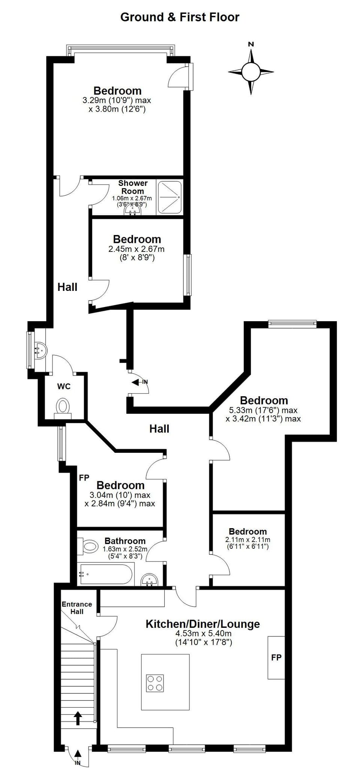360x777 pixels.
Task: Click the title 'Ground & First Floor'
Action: pos(180,17)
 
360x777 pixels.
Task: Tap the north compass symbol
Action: pos(251,71)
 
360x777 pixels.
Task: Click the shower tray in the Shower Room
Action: pos(170,198)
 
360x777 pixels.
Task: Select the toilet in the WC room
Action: pos(63,406)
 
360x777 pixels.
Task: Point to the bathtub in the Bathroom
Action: pos(105,574)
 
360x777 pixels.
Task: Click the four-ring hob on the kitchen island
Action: pos(155,683)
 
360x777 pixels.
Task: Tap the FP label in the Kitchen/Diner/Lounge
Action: pos(276,657)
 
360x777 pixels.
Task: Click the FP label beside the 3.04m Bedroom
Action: pos(84,478)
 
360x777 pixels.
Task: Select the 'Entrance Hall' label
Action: pos(77,608)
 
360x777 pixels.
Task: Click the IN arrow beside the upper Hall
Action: pos(139,382)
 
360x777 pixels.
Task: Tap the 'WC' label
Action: pos(64,386)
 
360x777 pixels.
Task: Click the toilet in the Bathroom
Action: pos(89,546)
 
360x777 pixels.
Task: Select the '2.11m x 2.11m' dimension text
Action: pos(247,540)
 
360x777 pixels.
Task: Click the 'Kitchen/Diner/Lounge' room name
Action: pos(202,624)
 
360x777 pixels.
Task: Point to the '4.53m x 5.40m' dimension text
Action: pos(203,633)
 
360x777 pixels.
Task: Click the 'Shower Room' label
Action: pos(133,187)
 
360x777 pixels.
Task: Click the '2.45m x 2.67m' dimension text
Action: pos(136,249)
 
